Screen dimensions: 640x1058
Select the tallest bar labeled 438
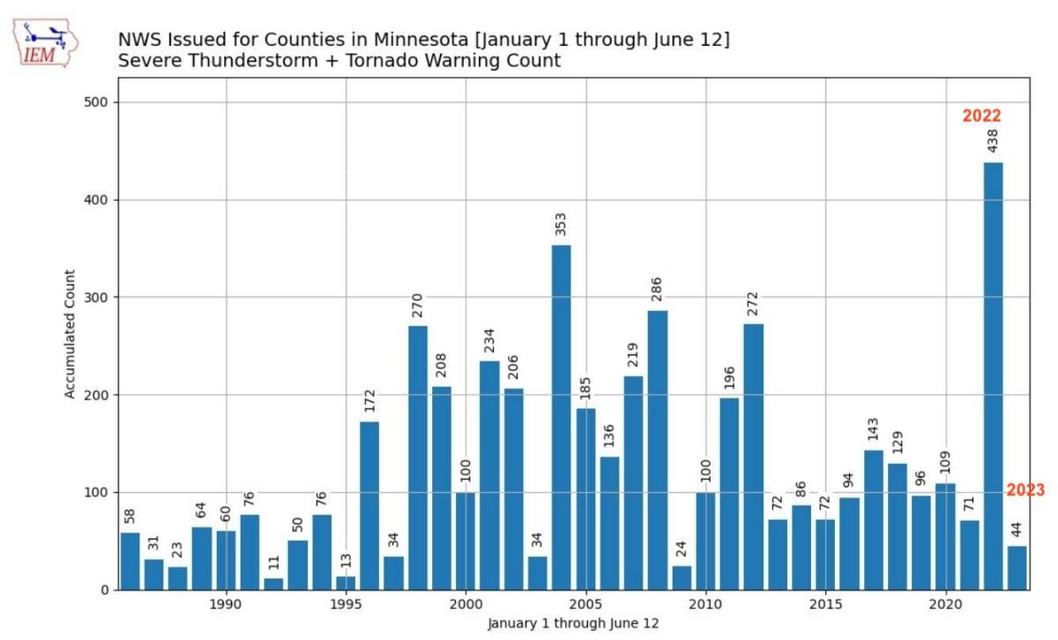pyautogui.click(x=993, y=375)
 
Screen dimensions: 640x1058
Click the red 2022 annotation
pyautogui.click(x=981, y=115)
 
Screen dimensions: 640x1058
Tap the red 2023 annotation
pyautogui.click(x=1024, y=490)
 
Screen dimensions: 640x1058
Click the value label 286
pyautogui.click(x=657, y=289)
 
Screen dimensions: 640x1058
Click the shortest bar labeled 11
pyautogui.click(x=274, y=584)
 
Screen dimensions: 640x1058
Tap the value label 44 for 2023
pyautogui.click(x=1017, y=530)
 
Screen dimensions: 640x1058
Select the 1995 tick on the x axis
pyautogui.click(x=346, y=607)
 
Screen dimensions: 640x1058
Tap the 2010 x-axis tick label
pyautogui.click(x=705, y=607)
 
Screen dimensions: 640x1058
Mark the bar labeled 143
pyautogui.click(x=873, y=519)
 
